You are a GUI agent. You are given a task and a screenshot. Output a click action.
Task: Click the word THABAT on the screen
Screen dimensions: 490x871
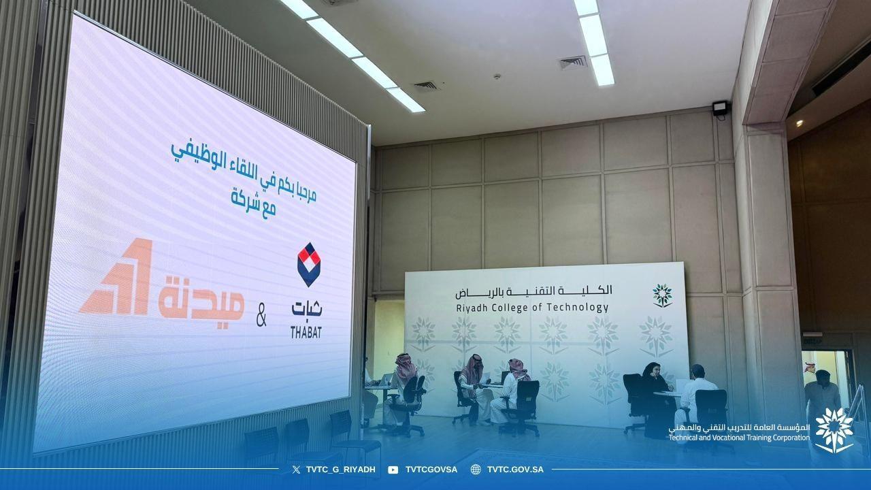tap(306, 332)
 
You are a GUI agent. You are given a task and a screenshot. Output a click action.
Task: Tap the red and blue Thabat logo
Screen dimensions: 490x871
tap(309, 265)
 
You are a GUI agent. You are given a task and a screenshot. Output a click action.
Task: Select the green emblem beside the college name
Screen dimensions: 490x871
tap(662, 295)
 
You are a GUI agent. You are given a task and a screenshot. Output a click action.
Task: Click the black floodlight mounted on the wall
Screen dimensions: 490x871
tap(720, 108)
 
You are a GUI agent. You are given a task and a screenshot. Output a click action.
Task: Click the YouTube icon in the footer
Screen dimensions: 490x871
tap(393, 470)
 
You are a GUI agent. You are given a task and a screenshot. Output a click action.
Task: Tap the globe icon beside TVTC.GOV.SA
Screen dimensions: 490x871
tap(476, 470)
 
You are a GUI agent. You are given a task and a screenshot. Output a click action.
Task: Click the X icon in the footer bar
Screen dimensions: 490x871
tap(295, 470)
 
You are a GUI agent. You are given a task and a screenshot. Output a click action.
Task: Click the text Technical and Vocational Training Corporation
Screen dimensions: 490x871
tap(739, 438)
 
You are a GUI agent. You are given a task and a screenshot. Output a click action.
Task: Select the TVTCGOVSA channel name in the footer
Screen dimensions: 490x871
tap(431, 470)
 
